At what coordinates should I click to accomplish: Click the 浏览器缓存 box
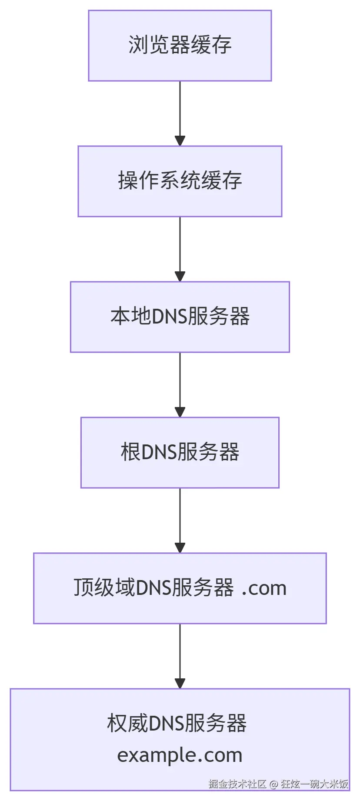point(180,46)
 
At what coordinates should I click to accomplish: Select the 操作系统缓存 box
point(180,181)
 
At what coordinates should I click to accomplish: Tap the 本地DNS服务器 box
point(180,317)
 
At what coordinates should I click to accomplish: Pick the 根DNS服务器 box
point(180,453)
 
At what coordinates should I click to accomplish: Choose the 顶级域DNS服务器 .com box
point(180,588)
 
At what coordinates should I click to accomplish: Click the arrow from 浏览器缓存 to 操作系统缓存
point(180,113)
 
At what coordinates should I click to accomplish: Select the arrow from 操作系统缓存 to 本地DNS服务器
point(180,249)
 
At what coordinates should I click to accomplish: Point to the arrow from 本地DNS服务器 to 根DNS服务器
point(180,384)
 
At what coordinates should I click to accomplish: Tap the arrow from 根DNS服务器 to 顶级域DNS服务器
point(180,520)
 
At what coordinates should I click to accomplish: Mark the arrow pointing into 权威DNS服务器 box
point(180,656)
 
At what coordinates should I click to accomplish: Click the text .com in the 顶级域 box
point(264,588)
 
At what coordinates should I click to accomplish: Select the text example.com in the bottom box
point(180,755)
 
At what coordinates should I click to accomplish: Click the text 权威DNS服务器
point(177,724)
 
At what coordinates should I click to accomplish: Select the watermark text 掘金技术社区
point(237,784)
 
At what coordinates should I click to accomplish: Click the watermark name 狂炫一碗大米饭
point(314,784)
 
